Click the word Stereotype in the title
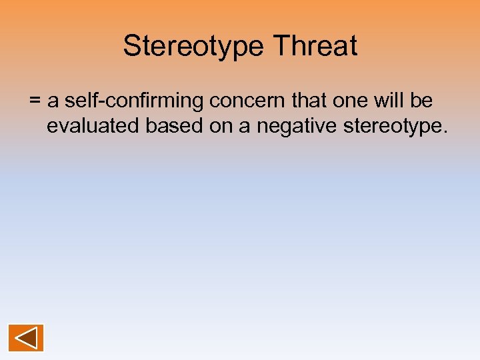[193, 46]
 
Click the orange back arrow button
[26, 338]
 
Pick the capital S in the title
[131, 46]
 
